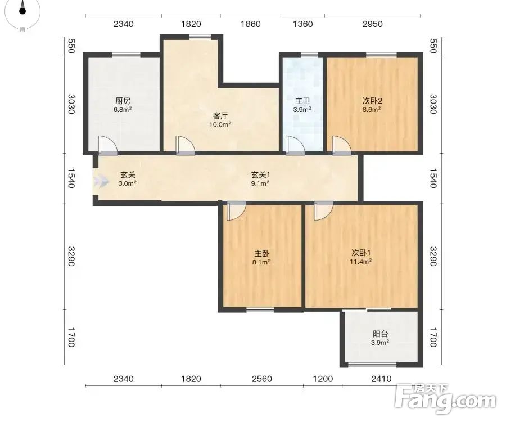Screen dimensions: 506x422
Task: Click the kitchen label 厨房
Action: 123,101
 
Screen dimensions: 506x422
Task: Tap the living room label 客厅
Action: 220,116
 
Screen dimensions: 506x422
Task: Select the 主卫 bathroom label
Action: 302,101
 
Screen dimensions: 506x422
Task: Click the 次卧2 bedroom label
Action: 372,101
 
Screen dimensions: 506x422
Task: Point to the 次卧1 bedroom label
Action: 361,253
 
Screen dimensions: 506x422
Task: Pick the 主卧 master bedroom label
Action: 261,253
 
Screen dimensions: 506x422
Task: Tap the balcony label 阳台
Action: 380,334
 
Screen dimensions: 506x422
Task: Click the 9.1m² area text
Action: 260,183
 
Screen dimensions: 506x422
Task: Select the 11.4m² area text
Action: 360,262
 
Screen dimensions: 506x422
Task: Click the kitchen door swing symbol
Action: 107,145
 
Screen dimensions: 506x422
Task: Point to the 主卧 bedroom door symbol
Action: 236,211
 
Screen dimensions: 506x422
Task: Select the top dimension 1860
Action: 251,24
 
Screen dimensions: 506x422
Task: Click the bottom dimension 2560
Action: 261,379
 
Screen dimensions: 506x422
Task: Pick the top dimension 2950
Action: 372,24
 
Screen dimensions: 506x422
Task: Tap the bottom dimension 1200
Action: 323,379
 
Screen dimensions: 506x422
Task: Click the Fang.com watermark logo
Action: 445,398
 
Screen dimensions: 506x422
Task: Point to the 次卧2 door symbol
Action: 341,145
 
